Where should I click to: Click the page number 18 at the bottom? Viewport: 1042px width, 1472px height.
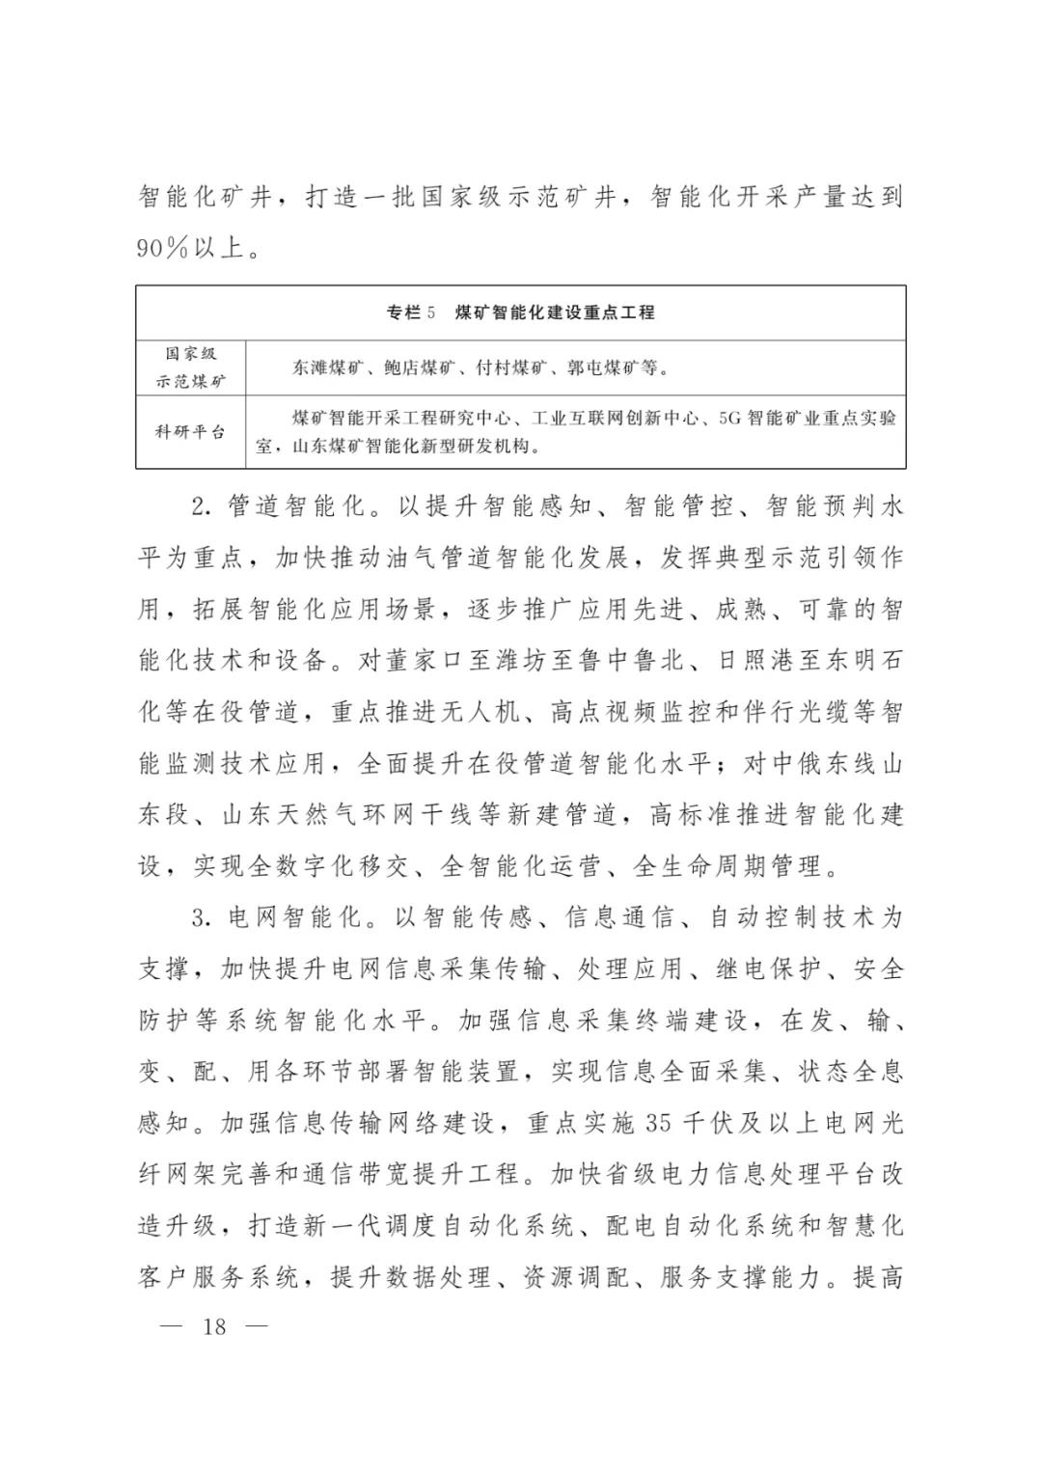(214, 1326)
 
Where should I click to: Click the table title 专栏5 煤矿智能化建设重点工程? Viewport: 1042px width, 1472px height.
(520, 313)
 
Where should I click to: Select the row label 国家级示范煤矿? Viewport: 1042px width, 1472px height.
(191, 368)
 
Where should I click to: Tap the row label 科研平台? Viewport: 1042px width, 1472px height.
(191, 431)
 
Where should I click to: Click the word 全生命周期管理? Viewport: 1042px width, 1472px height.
(729, 865)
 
